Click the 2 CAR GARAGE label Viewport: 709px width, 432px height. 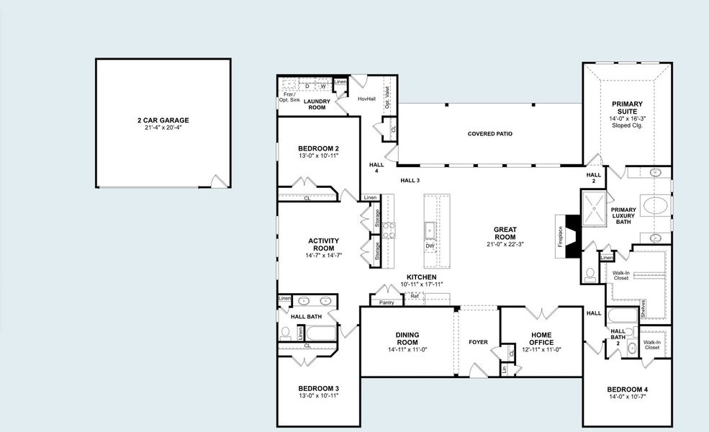tap(163, 120)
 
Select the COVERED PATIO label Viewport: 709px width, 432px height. tap(489, 133)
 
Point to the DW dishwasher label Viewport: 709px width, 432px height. tap(430, 246)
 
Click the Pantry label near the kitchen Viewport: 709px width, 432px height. tap(387, 302)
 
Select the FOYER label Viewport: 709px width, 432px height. tap(477, 342)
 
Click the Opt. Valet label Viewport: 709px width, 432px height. tap(387, 96)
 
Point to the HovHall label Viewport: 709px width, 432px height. tap(366, 99)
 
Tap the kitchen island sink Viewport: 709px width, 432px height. tap(430, 230)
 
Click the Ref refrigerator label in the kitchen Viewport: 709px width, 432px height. tap(415, 296)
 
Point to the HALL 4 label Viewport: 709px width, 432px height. tap(376, 168)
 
